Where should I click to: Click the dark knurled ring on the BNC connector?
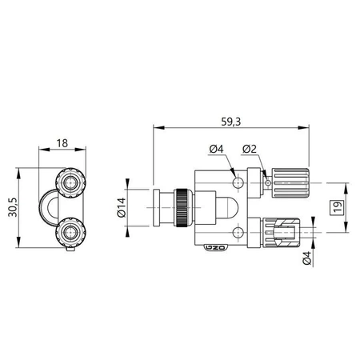[184, 206]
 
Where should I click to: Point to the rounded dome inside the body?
[232, 206]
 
